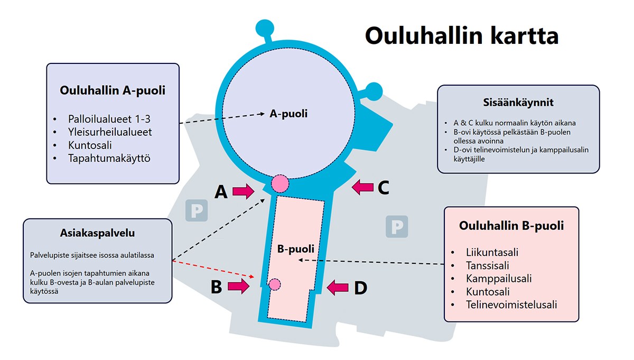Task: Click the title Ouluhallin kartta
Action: pyautogui.click(x=461, y=36)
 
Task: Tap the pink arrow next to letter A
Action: pyautogui.click(x=243, y=191)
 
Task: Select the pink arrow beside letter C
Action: pyautogui.click(x=363, y=186)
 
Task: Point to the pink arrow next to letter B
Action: pyautogui.click(x=238, y=287)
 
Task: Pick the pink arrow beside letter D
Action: pyautogui.click(x=338, y=288)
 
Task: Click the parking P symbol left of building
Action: pyautogui.click(x=196, y=210)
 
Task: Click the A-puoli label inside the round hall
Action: pyautogui.click(x=288, y=113)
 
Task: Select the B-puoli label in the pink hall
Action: pyautogui.click(x=296, y=248)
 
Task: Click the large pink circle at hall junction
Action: pyautogui.click(x=279, y=183)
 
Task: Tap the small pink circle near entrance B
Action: pyautogui.click(x=274, y=285)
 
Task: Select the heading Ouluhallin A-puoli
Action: pyautogui.click(x=113, y=90)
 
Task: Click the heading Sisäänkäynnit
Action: pyautogui.click(x=518, y=103)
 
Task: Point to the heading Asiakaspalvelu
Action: pyautogui.click(x=98, y=233)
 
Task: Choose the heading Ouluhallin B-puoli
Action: pyautogui.click(x=511, y=226)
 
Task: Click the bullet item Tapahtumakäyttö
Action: pyautogui.click(x=109, y=158)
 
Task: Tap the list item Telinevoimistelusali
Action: pyautogui.click(x=511, y=305)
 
